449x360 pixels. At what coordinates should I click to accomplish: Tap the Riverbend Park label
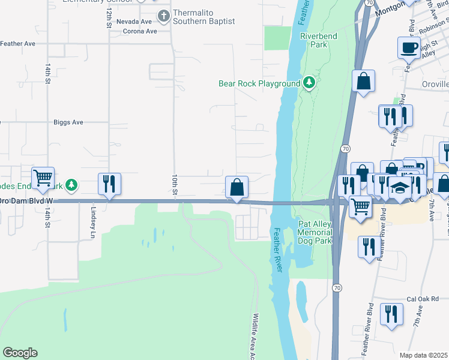click(318, 40)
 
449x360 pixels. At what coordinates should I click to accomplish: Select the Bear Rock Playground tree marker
click(309, 83)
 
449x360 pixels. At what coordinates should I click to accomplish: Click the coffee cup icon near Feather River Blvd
click(408, 47)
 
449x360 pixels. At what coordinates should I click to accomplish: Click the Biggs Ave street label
click(68, 122)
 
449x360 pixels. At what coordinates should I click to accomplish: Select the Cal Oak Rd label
click(423, 299)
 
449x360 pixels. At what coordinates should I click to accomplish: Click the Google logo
click(20, 353)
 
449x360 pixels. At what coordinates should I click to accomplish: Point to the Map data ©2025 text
click(424, 355)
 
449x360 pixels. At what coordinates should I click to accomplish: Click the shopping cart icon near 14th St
click(43, 178)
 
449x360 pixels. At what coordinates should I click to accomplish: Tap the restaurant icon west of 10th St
click(109, 184)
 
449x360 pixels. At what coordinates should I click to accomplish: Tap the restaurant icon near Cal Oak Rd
click(391, 314)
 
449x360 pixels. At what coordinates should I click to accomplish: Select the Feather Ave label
click(18, 44)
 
